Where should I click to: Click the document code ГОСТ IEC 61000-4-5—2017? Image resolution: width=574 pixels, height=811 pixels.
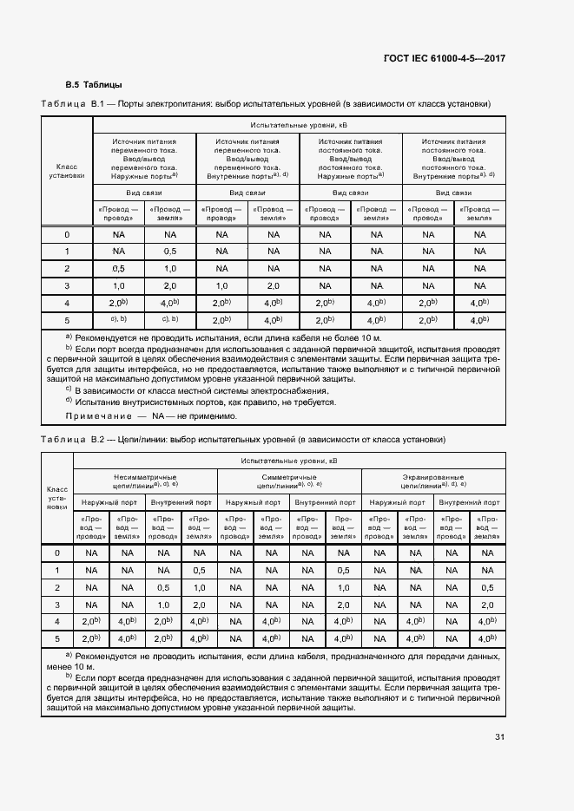pos(444,58)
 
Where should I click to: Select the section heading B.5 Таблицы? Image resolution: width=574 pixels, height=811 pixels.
pos(95,85)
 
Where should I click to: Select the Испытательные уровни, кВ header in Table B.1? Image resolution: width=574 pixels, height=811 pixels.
pos(298,125)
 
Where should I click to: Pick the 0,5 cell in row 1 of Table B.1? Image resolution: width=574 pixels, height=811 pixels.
pos(169,252)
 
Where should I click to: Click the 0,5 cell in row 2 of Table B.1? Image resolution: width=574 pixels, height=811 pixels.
pos(118,268)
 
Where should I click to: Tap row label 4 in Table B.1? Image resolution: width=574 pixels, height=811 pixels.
pos(67,303)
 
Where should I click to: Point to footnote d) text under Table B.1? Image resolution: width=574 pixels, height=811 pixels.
pos(204,402)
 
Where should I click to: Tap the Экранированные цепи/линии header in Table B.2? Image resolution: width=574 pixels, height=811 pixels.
pos(432,481)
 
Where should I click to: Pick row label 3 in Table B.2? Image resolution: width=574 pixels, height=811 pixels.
pos(57,605)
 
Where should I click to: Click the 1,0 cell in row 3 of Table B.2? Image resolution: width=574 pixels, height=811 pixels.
pos(163,605)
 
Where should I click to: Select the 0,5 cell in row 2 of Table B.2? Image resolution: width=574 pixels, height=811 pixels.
pos(163,587)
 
